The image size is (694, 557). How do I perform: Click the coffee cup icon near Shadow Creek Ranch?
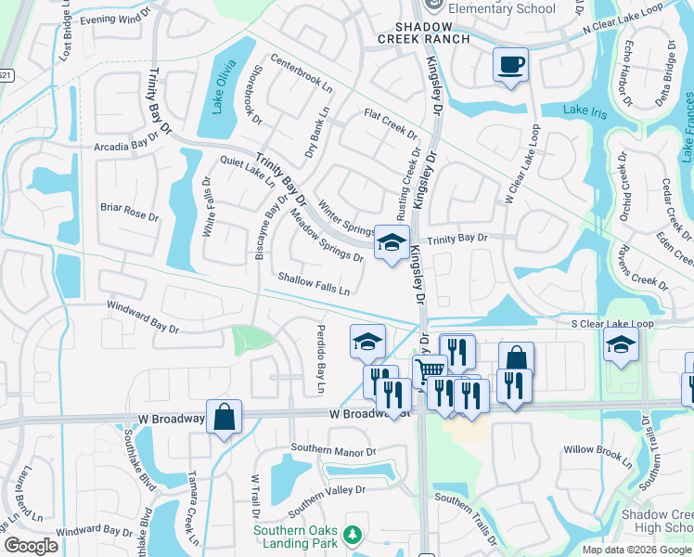[x=509, y=65]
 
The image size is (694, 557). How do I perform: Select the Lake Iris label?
[x=585, y=110]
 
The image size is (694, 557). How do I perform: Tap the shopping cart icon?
[x=429, y=371]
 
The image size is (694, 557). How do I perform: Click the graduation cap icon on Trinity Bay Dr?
[x=392, y=242]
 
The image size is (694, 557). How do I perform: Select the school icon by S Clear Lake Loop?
[x=621, y=344]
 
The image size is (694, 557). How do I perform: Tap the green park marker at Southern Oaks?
[x=352, y=535]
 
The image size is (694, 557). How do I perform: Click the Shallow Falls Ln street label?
[x=314, y=283]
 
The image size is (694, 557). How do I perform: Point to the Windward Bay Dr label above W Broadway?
[x=142, y=316]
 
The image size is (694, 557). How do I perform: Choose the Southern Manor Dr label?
[x=332, y=450]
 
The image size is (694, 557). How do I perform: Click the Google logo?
[x=31, y=545]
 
